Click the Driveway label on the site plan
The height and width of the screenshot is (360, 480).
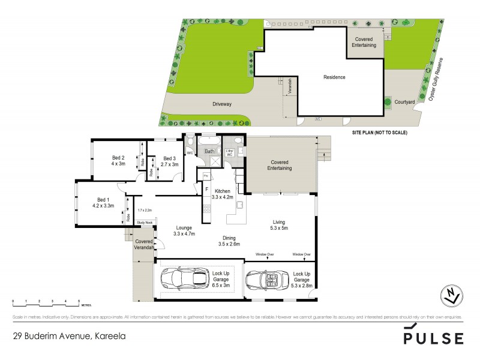coord(221,104)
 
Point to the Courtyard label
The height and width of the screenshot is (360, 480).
coord(404,103)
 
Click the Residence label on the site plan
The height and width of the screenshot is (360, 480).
coord(334,77)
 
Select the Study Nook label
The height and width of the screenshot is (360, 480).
coord(145,223)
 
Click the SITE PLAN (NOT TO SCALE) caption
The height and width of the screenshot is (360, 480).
coord(379,132)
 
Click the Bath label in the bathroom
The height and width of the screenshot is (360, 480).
coord(210,152)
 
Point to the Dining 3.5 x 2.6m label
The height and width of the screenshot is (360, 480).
coord(229,241)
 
